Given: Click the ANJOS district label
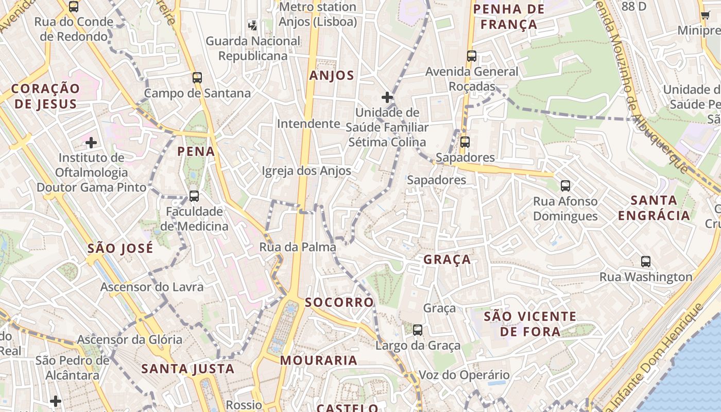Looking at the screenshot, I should (332, 76).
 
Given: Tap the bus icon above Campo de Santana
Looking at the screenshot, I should (197, 78).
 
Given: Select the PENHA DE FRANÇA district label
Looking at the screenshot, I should (508, 16).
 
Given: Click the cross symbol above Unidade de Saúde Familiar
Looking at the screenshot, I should (387, 97).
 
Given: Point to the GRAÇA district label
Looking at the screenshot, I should (447, 260).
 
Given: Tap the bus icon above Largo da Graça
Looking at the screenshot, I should (418, 330).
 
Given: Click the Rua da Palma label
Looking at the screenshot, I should (298, 247).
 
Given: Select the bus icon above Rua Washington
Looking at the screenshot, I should (646, 261).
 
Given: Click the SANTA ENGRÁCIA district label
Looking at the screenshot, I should (654, 208).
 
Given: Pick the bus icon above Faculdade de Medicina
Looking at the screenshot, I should (194, 196).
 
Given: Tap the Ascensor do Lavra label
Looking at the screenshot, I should (152, 287).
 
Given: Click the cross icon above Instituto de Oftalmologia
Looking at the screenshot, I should (91, 142).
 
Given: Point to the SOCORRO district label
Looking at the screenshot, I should (339, 302).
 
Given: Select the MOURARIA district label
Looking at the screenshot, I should (319, 360).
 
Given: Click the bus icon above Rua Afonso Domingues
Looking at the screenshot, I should (565, 186).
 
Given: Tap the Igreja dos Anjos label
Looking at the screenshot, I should (306, 171).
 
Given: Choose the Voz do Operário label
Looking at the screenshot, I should (464, 375).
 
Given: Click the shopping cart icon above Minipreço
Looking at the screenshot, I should (706, 15).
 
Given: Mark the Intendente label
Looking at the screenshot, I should (308, 124).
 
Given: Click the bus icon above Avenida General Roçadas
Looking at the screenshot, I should (472, 56).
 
